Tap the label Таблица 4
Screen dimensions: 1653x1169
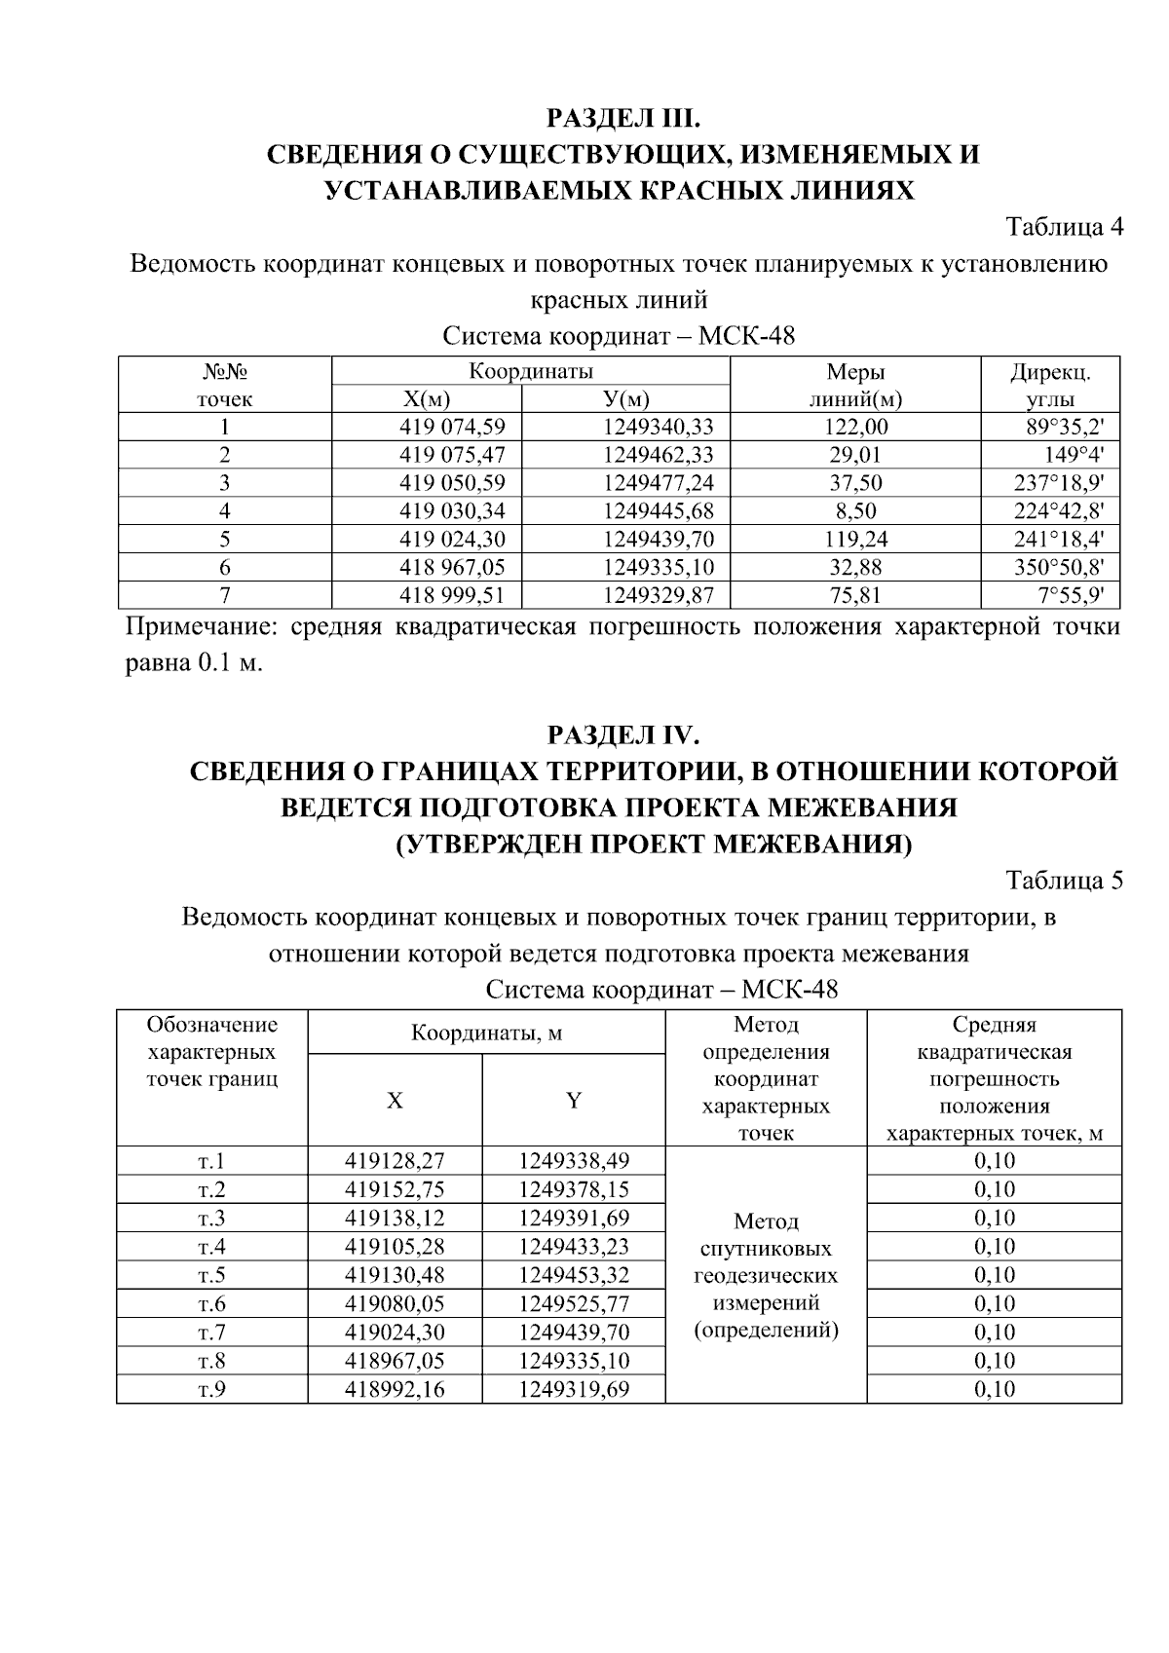pyautogui.click(x=1064, y=227)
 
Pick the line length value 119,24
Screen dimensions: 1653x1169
pyautogui.click(x=855, y=539)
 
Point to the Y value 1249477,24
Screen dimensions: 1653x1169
pyautogui.click(x=658, y=483)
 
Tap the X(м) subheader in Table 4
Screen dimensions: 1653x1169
pyautogui.click(x=427, y=399)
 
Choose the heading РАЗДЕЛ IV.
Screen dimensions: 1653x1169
pyautogui.click(x=623, y=733)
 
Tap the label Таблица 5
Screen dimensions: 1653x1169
pyautogui.click(x=1064, y=881)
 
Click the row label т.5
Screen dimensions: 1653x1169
pyautogui.click(x=211, y=1275)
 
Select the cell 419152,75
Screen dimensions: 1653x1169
pyautogui.click(x=395, y=1189)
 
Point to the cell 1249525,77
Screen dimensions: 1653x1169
pyautogui.click(x=574, y=1303)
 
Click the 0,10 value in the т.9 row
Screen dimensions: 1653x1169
pyautogui.click(x=994, y=1389)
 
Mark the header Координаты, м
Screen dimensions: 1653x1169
pyautogui.click(x=486, y=1033)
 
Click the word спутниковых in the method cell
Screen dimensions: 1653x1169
pyautogui.click(x=766, y=1249)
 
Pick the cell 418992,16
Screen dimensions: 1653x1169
pyautogui.click(x=395, y=1389)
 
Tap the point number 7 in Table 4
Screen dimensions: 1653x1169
pyautogui.click(x=225, y=595)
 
